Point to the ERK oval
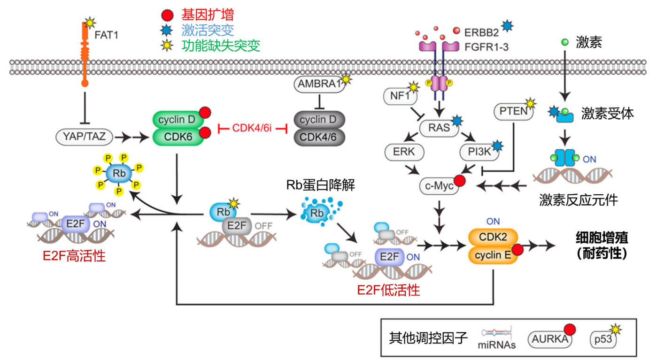404,152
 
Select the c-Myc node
438,186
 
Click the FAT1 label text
107,34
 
